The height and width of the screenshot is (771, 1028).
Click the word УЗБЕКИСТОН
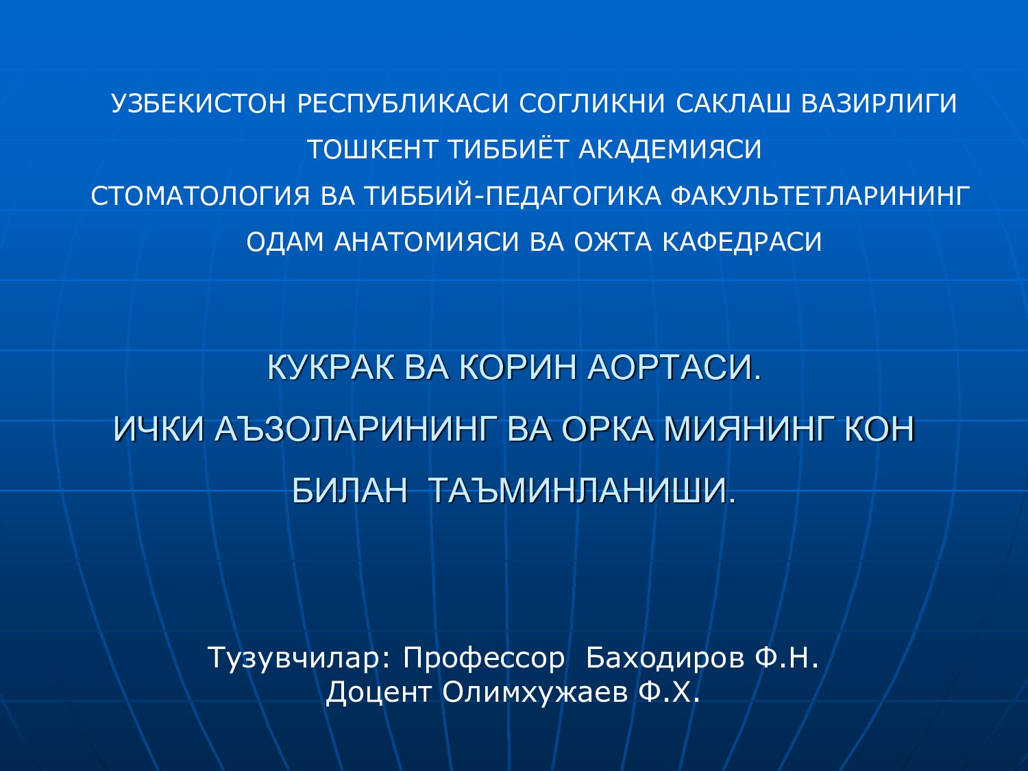(x=198, y=103)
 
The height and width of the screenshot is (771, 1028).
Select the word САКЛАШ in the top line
(x=733, y=103)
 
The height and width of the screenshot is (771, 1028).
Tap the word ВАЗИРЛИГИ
(x=879, y=103)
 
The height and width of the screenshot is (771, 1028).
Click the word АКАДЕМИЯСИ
(x=670, y=149)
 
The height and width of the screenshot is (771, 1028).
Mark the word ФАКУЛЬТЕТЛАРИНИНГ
(x=820, y=196)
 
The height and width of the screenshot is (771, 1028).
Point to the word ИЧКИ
(x=158, y=430)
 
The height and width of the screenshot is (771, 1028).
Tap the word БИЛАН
(x=350, y=491)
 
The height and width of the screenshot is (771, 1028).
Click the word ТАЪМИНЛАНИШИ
(x=582, y=491)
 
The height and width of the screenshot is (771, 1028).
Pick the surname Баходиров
(x=665, y=658)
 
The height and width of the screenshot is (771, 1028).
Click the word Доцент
(x=378, y=692)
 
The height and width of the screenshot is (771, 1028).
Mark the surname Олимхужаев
(x=535, y=692)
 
